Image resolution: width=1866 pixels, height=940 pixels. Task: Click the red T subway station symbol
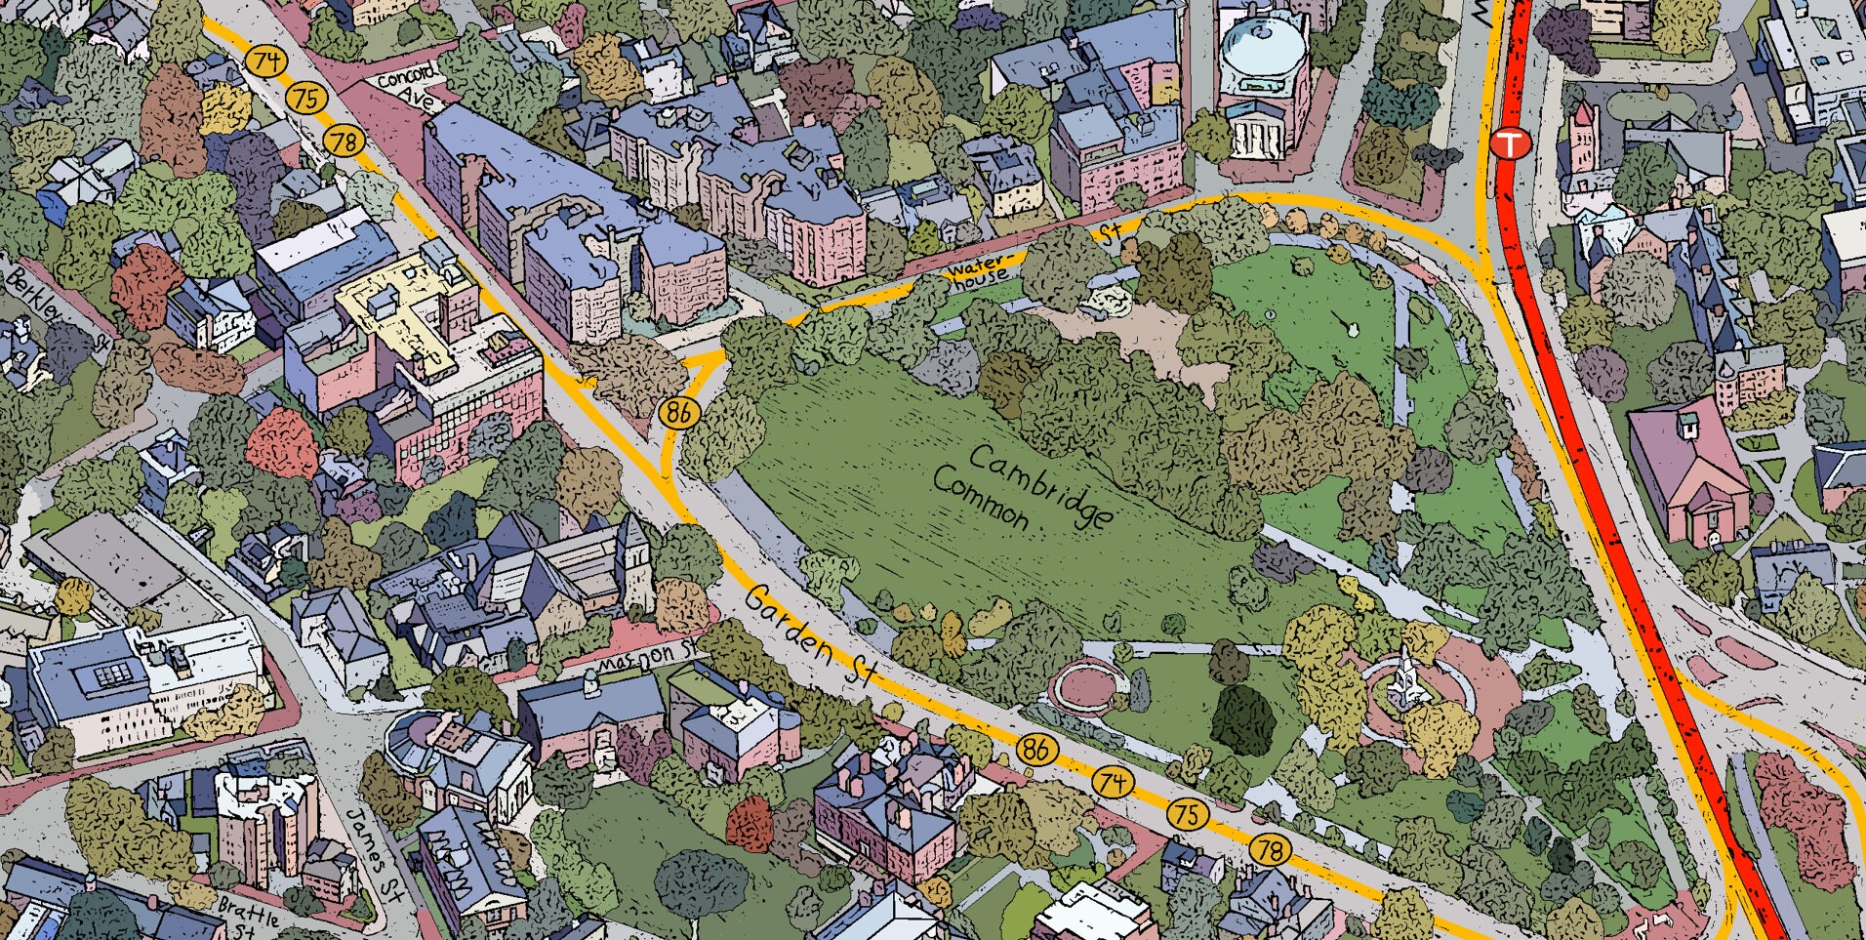(1509, 144)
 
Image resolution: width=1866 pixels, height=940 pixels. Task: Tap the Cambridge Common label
(1020, 488)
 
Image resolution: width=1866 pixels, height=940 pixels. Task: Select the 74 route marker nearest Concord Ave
(265, 61)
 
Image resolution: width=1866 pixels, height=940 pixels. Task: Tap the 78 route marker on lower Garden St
(1269, 850)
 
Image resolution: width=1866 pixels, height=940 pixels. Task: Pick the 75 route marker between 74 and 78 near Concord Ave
(306, 98)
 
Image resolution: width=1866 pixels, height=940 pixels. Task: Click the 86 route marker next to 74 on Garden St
(1036, 749)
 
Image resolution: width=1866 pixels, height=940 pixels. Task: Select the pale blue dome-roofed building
(1263, 44)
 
